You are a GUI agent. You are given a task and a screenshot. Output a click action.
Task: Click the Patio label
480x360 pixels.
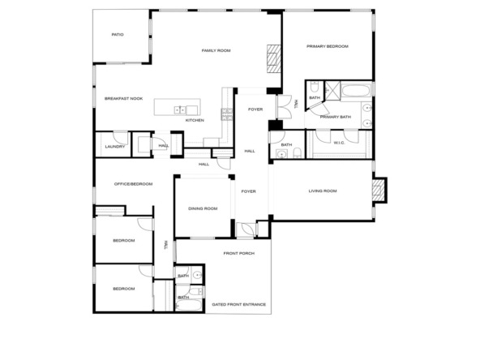pyautogui.click(x=118, y=35)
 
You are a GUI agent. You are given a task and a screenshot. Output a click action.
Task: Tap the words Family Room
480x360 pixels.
pyautogui.click(x=216, y=51)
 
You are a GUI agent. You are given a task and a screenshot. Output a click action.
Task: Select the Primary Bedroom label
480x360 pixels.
pyautogui.click(x=327, y=46)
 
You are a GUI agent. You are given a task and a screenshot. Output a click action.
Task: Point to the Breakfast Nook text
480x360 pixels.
pyautogui.click(x=123, y=98)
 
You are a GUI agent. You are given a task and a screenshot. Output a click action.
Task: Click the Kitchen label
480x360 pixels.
pyautogui.click(x=195, y=120)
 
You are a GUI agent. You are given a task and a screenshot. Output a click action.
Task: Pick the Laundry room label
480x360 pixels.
pyautogui.click(x=115, y=146)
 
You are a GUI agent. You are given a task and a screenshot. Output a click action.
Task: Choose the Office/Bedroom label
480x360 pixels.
pyautogui.click(x=133, y=184)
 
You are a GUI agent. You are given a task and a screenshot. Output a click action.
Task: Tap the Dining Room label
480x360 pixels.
pyautogui.click(x=203, y=208)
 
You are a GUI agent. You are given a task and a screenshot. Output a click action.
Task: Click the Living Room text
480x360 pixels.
pyautogui.click(x=323, y=191)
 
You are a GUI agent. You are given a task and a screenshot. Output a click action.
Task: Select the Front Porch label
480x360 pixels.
pyautogui.click(x=240, y=254)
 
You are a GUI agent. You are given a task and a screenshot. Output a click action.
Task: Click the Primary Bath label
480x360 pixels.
pyautogui.click(x=335, y=118)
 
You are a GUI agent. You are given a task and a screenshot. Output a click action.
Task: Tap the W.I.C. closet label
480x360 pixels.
pyautogui.click(x=340, y=144)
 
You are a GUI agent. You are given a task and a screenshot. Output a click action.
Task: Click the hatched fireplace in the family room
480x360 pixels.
pyautogui.click(x=273, y=58)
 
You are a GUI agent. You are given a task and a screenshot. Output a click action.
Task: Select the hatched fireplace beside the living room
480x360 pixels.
pyautogui.click(x=378, y=191)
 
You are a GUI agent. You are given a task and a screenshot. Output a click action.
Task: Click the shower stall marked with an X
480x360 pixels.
pyautogui.click(x=331, y=90)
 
